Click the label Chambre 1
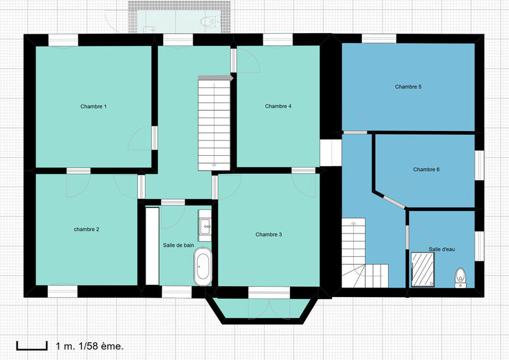[x=93, y=106]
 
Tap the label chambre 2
[x=86, y=229]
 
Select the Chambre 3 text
[x=268, y=235]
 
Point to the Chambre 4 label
[x=278, y=106]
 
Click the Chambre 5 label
[x=408, y=87]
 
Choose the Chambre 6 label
[x=426, y=170]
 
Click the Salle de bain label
[x=178, y=245]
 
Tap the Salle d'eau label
[x=442, y=250]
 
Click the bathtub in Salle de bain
[x=203, y=267]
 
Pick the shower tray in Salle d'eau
[x=422, y=269]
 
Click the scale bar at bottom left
[x=32, y=346]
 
